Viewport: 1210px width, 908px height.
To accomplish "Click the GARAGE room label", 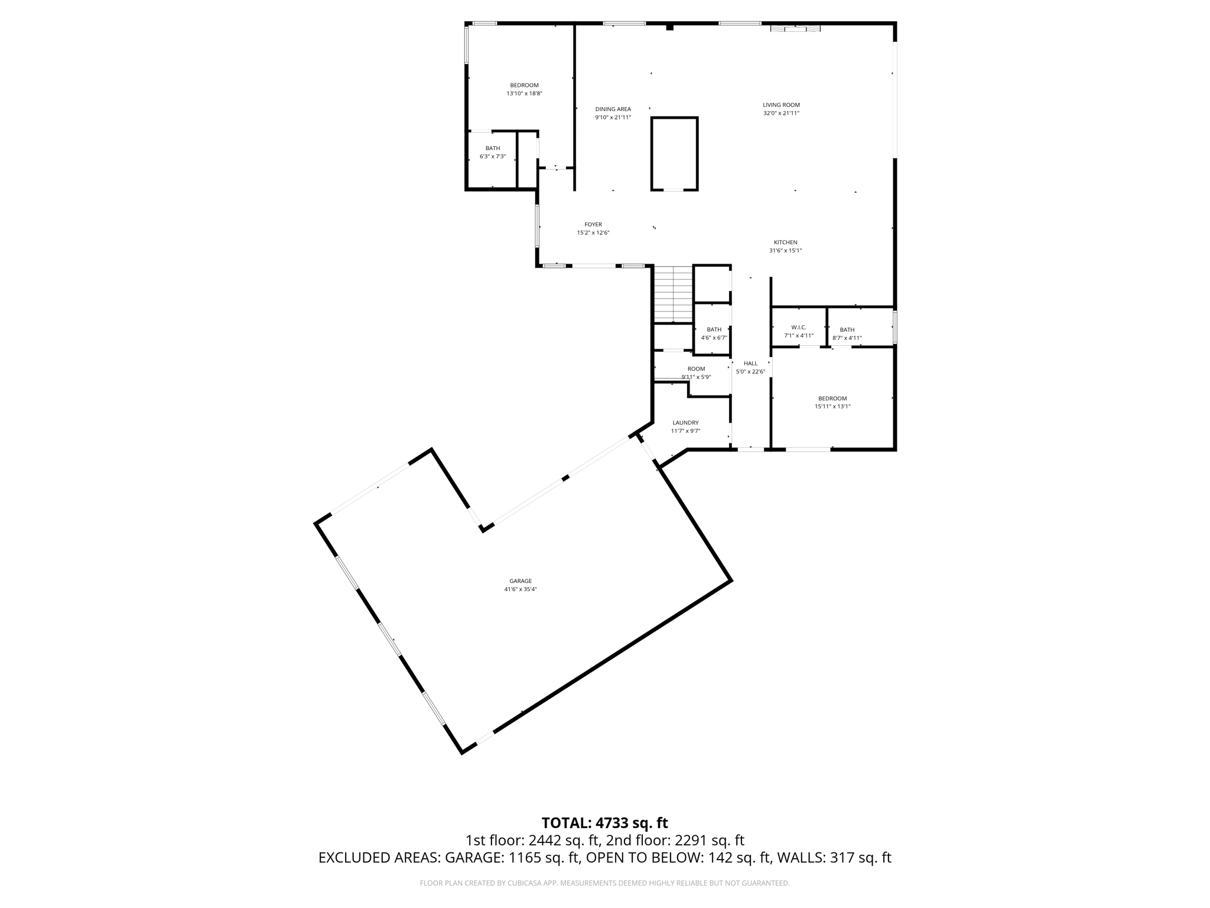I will (521, 581).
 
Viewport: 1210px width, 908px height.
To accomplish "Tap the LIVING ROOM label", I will (781, 105).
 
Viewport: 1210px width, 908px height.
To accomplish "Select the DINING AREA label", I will (613, 109).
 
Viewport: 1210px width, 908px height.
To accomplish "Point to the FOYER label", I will (593, 225).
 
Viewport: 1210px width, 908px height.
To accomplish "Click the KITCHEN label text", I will (785, 242).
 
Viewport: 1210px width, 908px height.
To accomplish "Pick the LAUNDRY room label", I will (685, 423).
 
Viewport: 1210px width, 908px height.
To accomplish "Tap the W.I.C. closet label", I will (799, 327).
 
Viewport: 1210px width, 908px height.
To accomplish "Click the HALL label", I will (750, 364).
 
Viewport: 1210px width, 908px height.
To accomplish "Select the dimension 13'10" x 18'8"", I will (524, 93).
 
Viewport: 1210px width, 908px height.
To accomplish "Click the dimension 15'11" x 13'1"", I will (832, 407).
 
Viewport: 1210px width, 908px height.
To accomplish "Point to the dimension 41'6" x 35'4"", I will (521, 589).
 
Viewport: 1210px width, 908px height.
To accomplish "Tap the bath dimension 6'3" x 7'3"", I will (493, 157).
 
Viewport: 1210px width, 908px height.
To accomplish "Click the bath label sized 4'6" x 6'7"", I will (714, 330).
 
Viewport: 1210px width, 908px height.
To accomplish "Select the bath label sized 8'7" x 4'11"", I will (847, 330).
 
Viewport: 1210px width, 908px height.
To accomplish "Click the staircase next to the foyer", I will (673, 294).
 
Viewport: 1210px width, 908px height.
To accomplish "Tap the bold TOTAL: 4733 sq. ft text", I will (604, 823).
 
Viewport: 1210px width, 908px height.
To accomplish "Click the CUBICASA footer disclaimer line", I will (604, 883).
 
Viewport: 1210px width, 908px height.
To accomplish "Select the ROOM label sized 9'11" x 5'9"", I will (696, 369).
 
